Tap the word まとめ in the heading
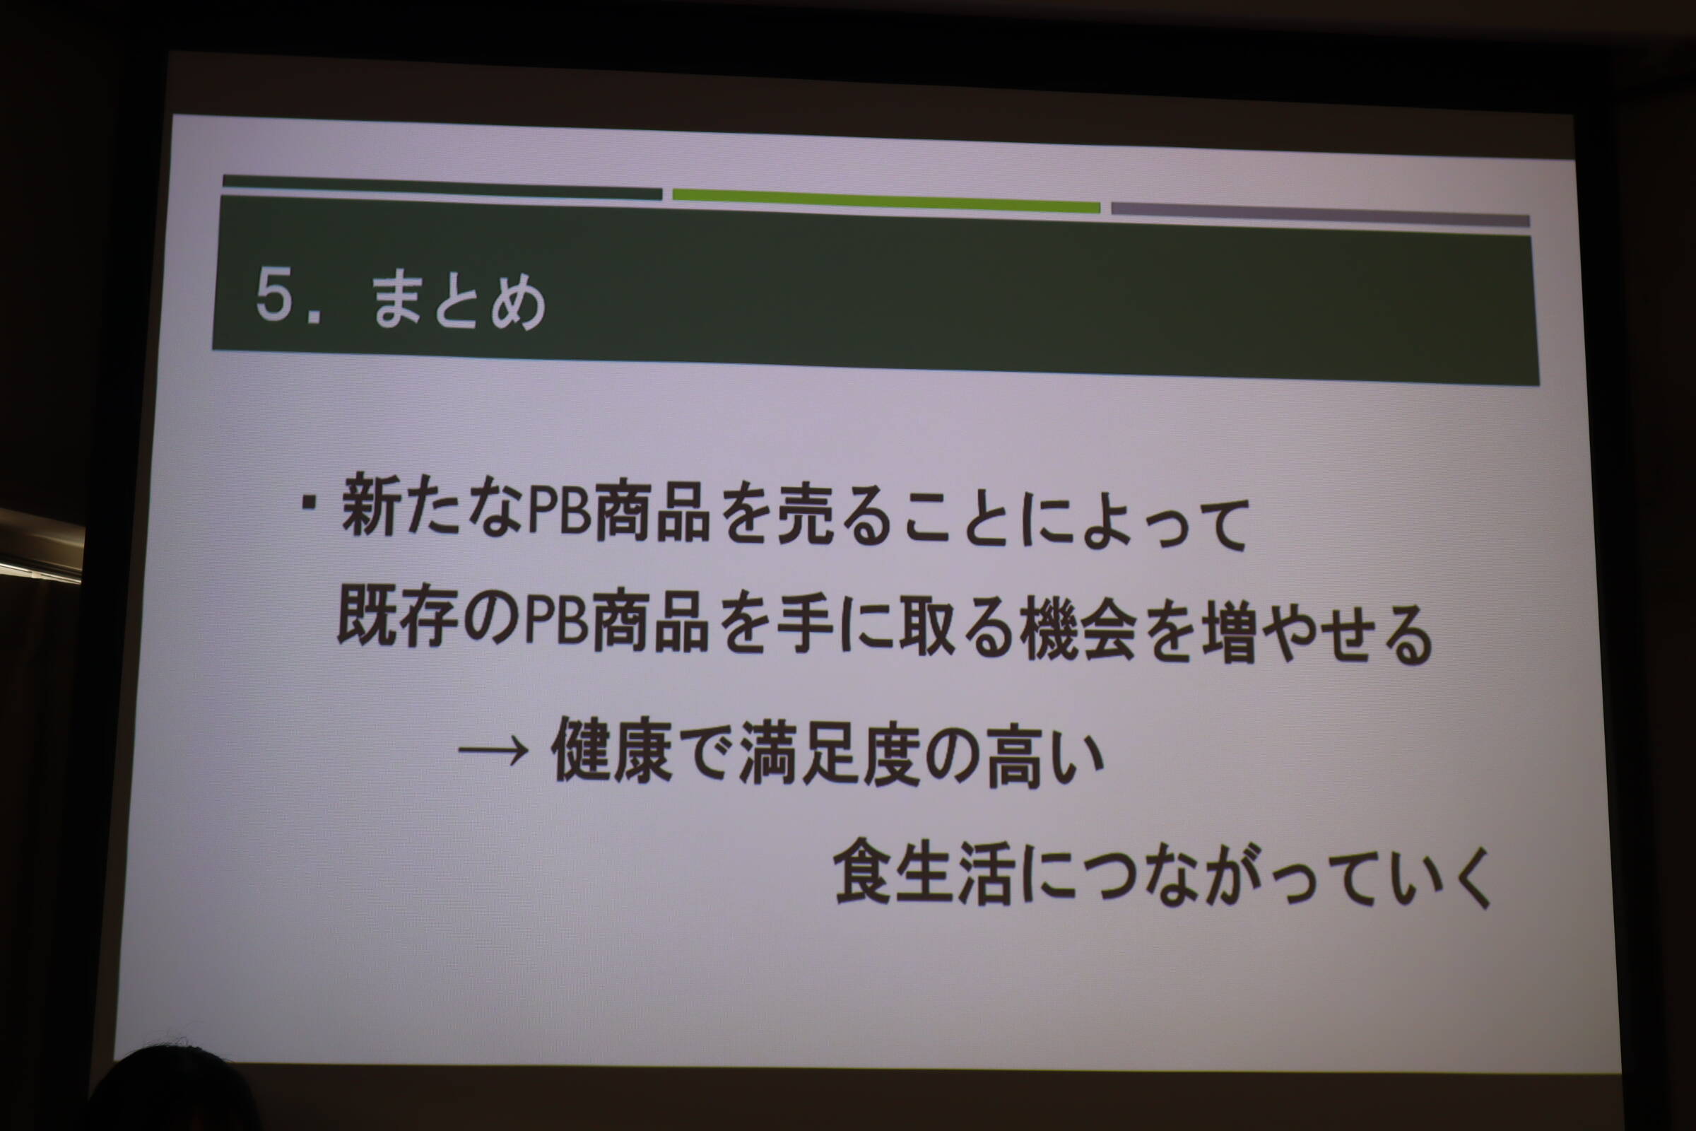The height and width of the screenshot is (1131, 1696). (459, 303)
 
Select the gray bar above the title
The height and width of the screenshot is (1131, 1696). (1320, 215)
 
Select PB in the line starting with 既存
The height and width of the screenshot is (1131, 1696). (556, 623)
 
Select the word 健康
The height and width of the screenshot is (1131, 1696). (613, 751)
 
